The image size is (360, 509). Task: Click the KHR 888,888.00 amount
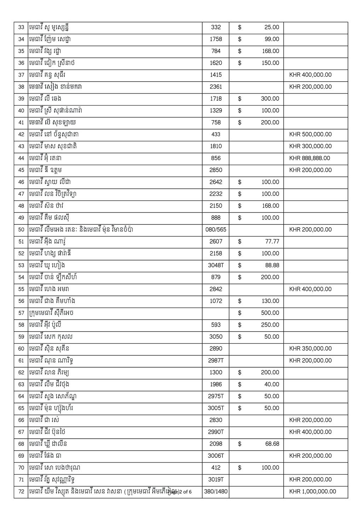coord(309,158)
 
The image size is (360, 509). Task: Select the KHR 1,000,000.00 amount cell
coord(313,491)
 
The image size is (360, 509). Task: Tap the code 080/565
coord(216,229)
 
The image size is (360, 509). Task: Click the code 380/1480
coord(216,491)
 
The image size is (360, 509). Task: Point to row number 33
coord(21,27)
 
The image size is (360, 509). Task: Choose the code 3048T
coord(216,265)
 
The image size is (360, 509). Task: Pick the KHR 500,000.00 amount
coord(310,134)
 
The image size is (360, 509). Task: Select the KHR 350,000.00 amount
coord(310,349)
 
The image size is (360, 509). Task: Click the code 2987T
coord(216,361)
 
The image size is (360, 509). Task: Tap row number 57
coord(21,313)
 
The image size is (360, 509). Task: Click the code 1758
coord(216,39)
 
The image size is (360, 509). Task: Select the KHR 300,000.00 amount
coord(310,146)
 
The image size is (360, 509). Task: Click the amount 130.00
coord(270,301)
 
